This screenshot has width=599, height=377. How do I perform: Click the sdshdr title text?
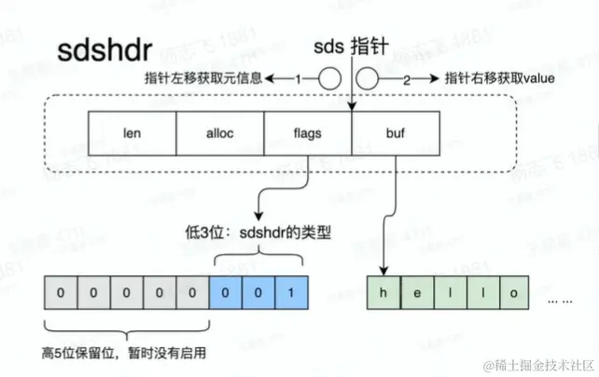[100, 50]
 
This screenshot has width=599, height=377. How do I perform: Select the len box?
[131, 133]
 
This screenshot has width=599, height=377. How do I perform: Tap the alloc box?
[219, 133]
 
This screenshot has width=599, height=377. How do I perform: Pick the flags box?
[307, 133]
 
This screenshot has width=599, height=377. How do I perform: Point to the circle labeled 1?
[327, 79]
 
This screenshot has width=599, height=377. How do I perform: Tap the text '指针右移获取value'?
[500, 79]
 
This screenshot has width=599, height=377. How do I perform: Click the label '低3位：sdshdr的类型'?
[258, 232]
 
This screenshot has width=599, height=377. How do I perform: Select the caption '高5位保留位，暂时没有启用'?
[125, 352]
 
